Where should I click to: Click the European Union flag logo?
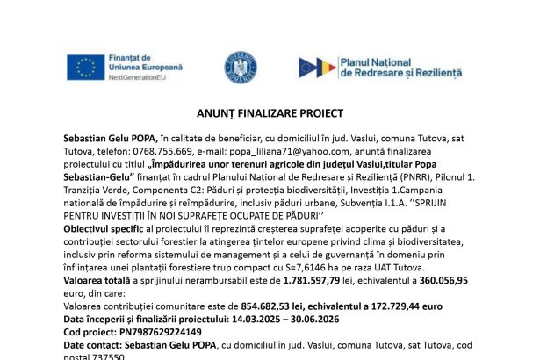[x=85, y=67]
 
